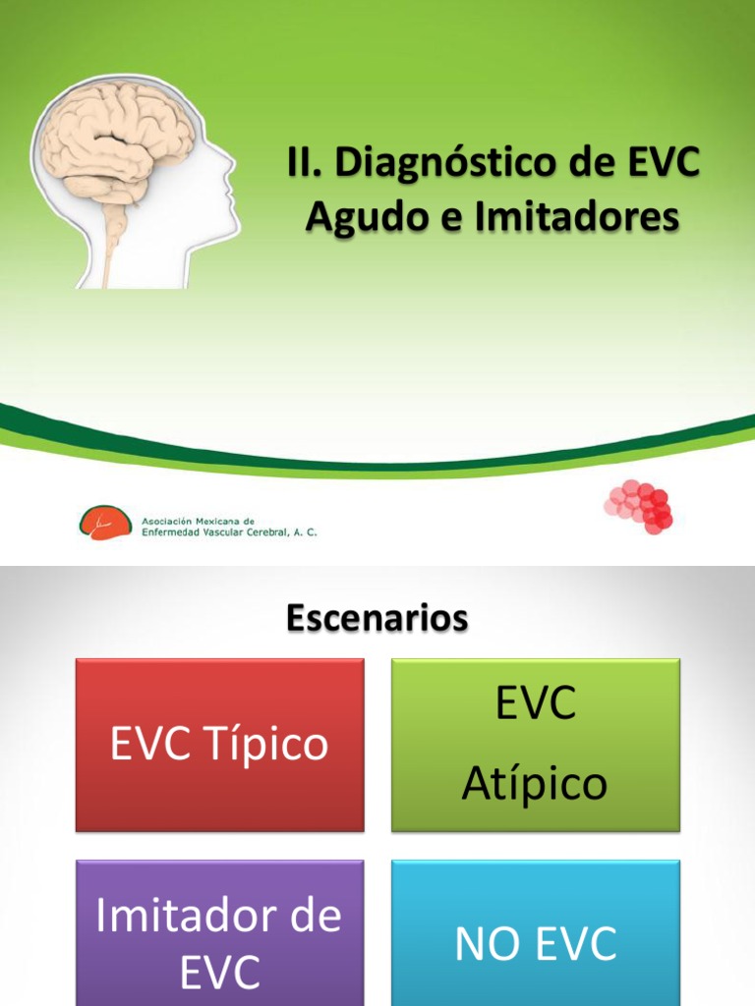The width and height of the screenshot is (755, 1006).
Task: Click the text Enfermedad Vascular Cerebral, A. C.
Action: click(230, 532)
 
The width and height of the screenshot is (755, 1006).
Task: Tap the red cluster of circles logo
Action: click(639, 507)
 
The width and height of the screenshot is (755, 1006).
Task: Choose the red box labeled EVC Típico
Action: click(220, 745)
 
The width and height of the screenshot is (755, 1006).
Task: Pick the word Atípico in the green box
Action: click(535, 784)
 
